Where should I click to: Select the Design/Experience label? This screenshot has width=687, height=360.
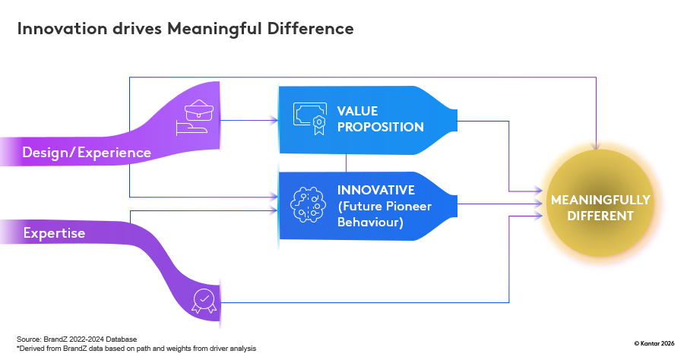[x=87, y=153]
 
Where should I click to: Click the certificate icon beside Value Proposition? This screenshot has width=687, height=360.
[x=309, y=117]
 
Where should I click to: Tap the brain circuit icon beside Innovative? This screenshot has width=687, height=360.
[x=309, y=203]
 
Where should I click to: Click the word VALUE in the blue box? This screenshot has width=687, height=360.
[x=357, y=111]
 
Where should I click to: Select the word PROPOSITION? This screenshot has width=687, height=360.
[x=380, y=127]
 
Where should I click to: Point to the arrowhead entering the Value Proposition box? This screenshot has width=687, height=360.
[x=274, y=120]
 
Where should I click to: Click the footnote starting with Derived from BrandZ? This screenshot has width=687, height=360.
[x=137, y=348]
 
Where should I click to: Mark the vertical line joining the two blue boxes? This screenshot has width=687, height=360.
[x=347, y=161]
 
